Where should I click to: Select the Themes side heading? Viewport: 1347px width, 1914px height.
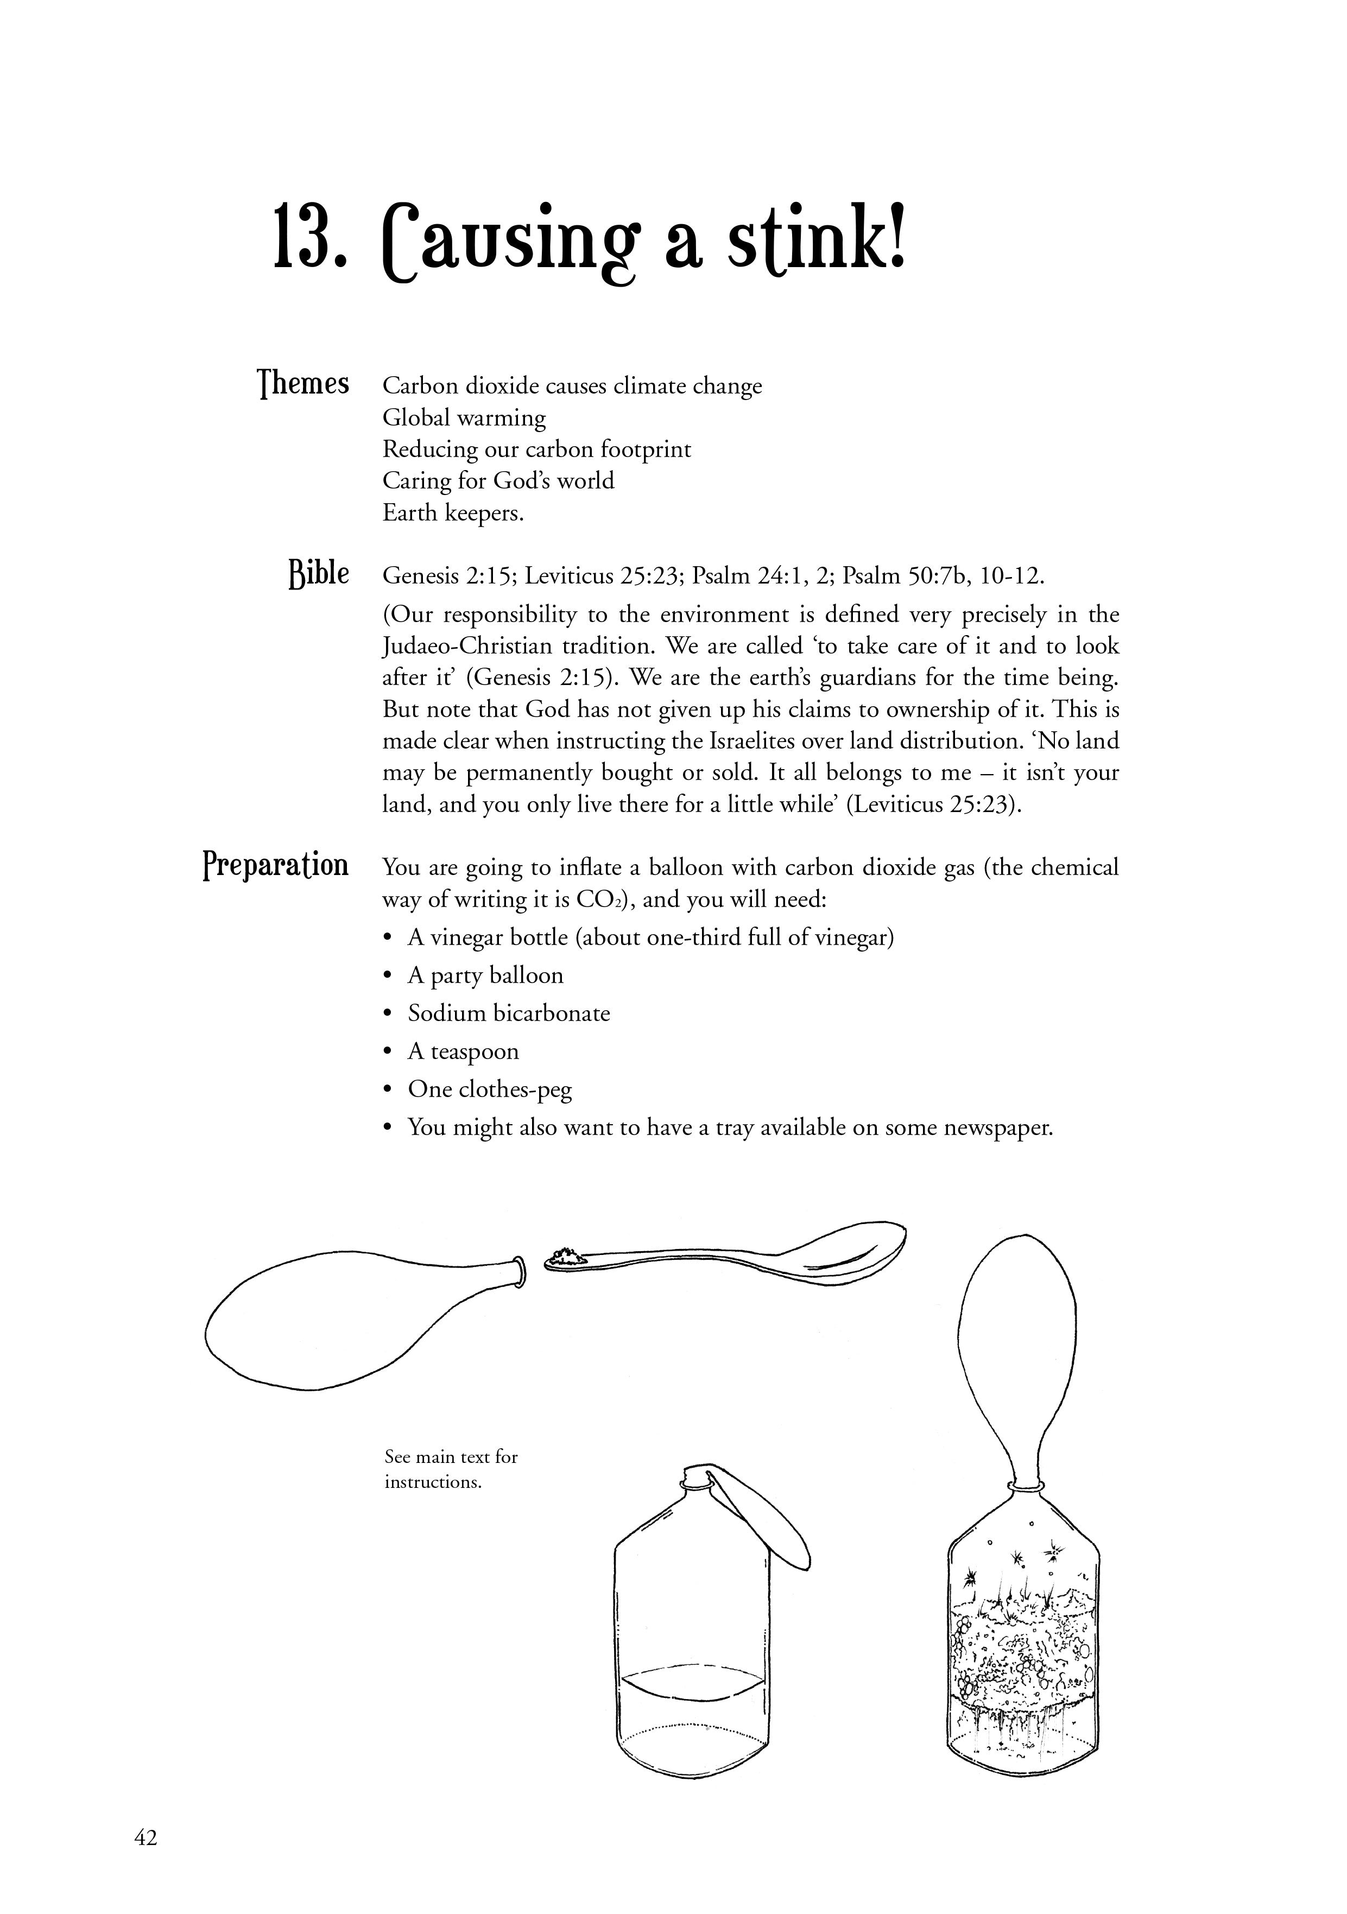303,384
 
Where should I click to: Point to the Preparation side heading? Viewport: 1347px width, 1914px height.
276,865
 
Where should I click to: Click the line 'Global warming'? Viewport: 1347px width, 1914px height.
464,417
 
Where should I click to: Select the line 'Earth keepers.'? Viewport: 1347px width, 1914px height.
453,512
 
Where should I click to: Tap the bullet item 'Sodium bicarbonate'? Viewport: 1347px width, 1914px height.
509,1013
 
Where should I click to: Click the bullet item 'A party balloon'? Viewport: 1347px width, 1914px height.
485,976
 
